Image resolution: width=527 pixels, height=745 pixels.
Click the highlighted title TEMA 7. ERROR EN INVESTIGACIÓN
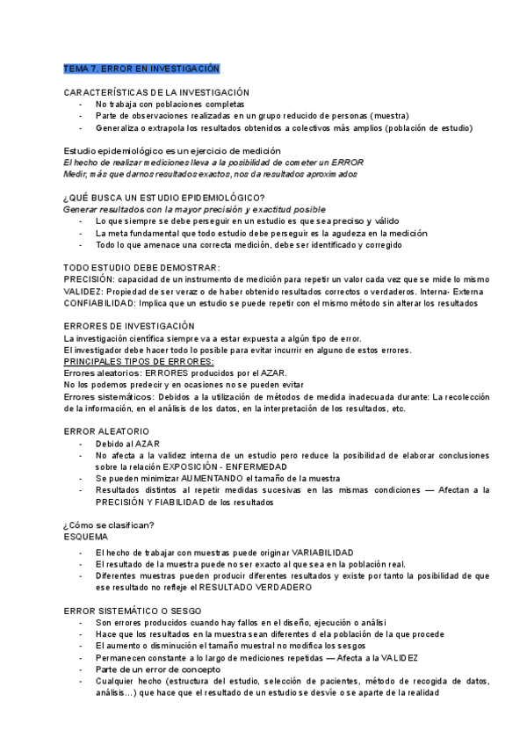(141, 68)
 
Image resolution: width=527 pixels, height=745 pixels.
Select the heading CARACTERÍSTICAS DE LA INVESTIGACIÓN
(156, 92)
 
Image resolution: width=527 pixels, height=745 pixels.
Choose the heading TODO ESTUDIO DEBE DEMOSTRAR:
(142, 267)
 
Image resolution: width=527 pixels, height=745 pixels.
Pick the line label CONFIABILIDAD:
(99, 303)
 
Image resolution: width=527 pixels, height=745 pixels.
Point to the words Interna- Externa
(447, 291)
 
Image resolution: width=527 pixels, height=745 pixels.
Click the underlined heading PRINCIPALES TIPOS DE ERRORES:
(140, 361)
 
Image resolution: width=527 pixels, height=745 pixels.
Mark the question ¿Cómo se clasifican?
(110, 524)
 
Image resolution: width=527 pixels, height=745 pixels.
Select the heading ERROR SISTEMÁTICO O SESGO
(128, 610)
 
